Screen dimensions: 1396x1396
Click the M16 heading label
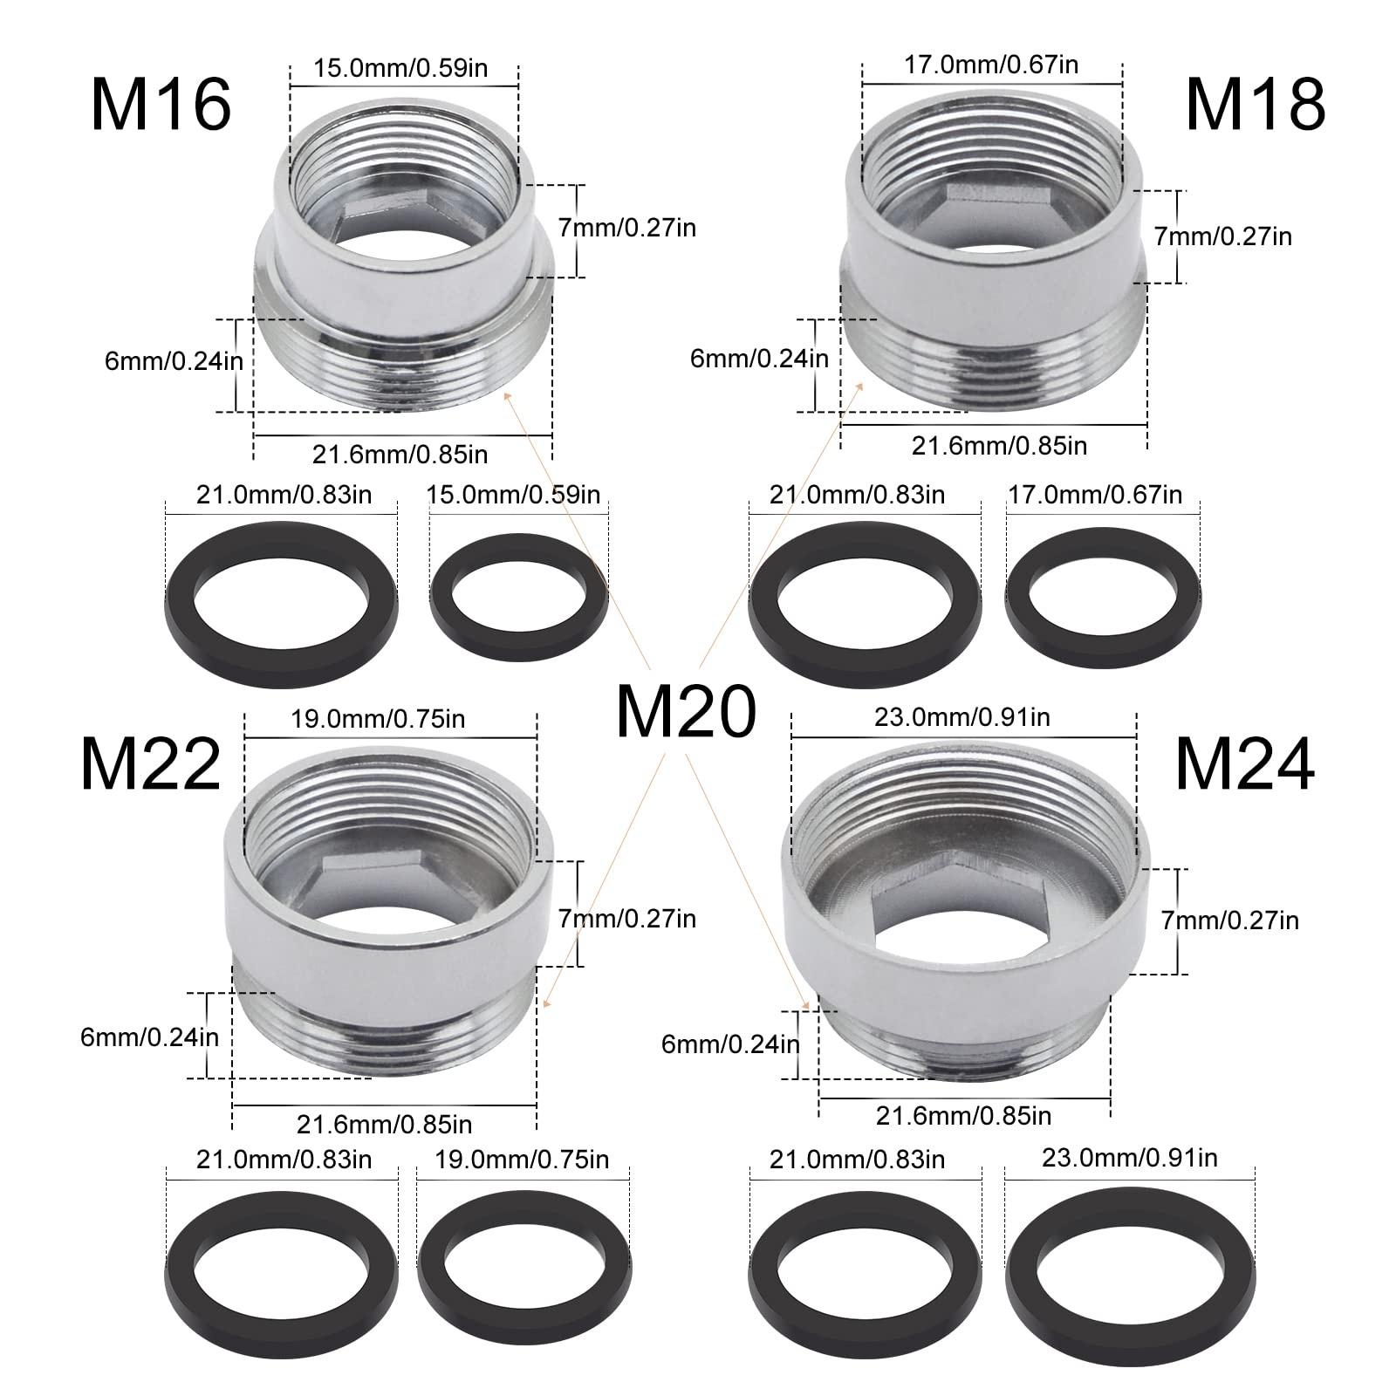pyautogui.click(x=161, y=105)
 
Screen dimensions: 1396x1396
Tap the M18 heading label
pyautogui.click(x=1256, y=105)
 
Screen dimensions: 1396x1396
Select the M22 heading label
pyautogui.click(x=151, y=764)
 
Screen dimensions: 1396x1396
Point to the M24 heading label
pyautogui.click(x=1245, y=764)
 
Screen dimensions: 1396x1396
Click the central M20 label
pyautogui.click(x=686, y=711)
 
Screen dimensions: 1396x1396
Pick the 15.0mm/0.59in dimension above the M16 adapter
pyautogui.click(x=401, y=67)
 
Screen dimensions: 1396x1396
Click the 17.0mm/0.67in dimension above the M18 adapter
pyautogui.click(x=991, y=65)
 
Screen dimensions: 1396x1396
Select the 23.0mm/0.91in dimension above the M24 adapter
pyautogui.click(x=962, y=717)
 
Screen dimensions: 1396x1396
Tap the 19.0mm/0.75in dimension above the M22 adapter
pyautogui.click(x=378, y=719)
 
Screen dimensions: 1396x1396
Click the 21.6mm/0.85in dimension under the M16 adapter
pyautogui.click(x=400, y=455)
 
